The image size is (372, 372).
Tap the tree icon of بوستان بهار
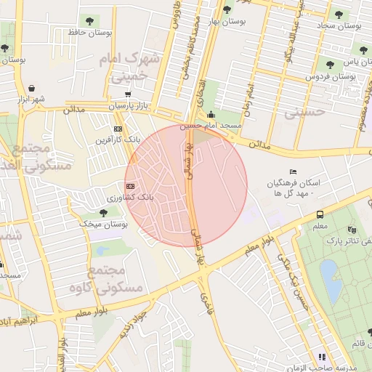227,9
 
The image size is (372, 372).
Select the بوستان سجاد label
339,25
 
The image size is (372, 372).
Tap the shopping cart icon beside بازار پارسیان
128,94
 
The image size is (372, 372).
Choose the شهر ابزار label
32,98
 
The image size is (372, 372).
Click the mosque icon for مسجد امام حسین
211,113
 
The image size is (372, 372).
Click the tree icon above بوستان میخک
103,212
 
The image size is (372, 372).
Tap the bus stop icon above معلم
320,214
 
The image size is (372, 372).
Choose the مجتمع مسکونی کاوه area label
116,280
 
